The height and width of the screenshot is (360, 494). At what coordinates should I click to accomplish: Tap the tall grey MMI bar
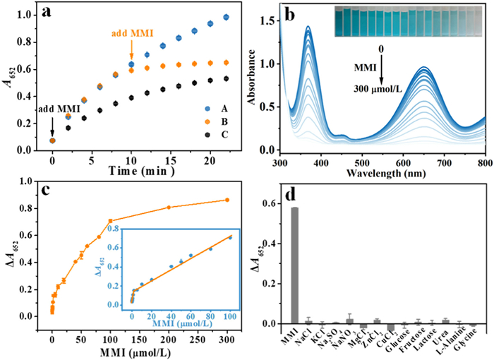pyautogui.click(x=294, y=265)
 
